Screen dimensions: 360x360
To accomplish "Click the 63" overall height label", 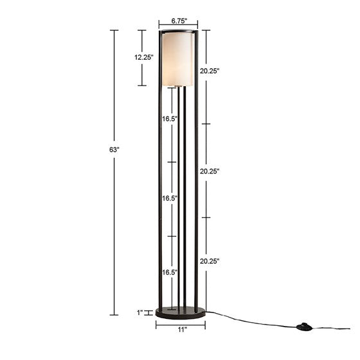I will click(x=114, y=149).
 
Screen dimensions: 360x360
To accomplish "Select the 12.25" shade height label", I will click(x=144, y=57).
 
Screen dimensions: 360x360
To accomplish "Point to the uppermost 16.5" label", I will click(x=170, y=119).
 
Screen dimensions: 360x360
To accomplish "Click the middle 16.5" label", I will click(x=170, y=199).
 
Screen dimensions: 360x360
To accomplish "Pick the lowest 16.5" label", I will click(x=170, y=273).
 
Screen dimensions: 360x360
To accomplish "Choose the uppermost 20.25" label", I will click(x=210, y=71).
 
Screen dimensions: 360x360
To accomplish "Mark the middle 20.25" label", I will click(x=210, y=172).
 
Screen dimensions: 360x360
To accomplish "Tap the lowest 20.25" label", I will click(x=210, y=261).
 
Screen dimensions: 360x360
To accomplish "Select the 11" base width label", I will click(x=182, y=330).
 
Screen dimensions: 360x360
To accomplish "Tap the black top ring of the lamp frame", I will click(x=179, y=32).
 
